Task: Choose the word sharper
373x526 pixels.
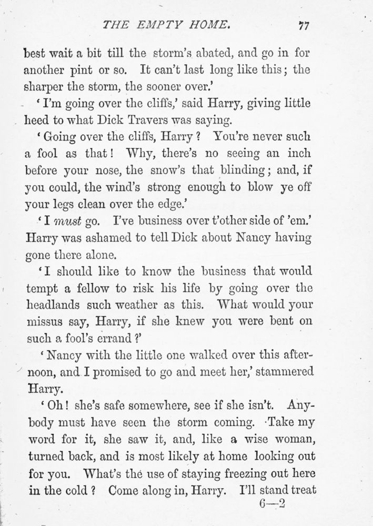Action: click(x=47, y=86)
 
